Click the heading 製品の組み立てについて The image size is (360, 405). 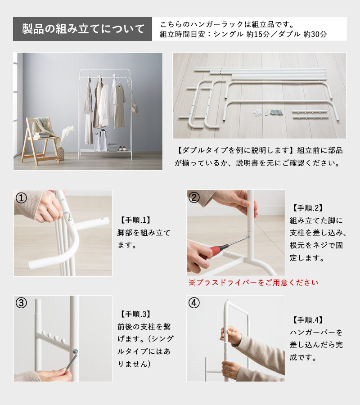83,29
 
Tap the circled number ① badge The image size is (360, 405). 22,198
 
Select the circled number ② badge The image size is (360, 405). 194,198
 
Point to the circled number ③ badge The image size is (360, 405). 22,303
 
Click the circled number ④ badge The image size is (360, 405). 194,303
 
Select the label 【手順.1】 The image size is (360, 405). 135,220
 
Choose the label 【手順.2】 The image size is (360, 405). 308,208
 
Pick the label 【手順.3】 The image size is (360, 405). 135,314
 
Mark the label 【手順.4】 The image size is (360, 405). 308,320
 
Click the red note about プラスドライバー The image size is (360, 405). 253,283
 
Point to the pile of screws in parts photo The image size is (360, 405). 276,112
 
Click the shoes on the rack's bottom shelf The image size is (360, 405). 122,148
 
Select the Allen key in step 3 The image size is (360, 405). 71,359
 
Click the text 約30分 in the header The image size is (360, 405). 315,34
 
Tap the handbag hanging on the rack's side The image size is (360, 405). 135,108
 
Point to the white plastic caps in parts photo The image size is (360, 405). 257,112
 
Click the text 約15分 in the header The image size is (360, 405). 258,34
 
